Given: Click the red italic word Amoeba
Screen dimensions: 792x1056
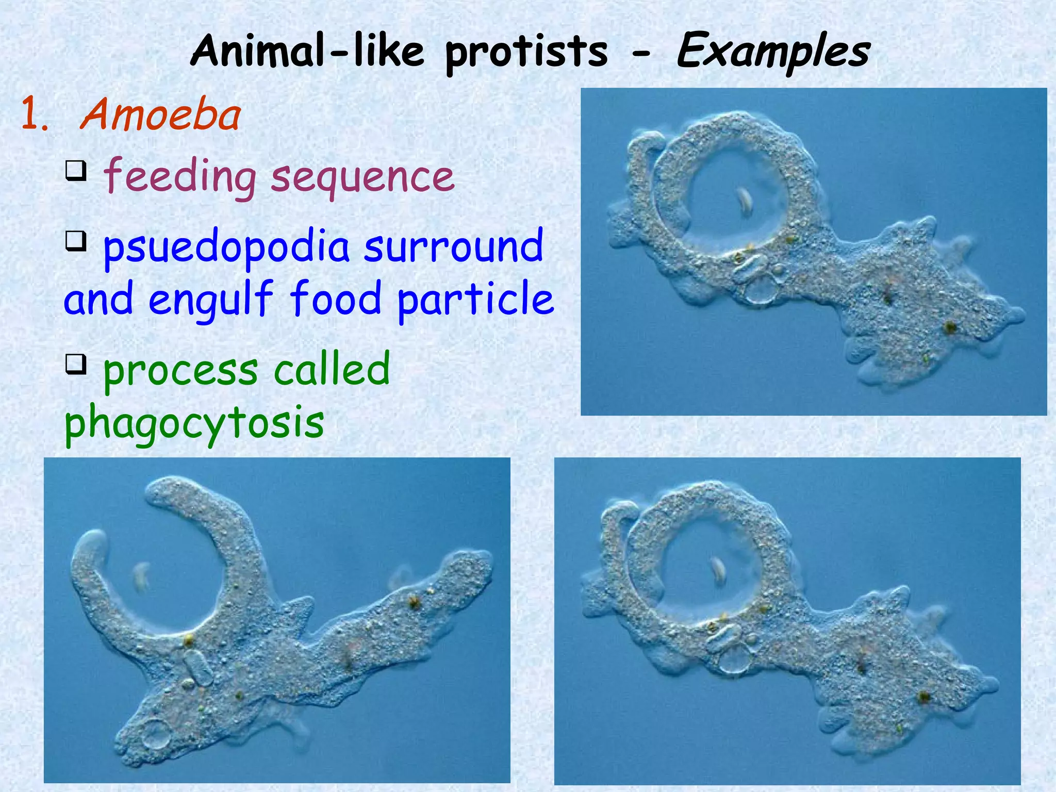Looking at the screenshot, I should (160, 115).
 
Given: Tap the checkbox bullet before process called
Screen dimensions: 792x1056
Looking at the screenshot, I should (76, 364).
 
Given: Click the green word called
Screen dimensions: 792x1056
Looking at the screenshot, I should (331, 369).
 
